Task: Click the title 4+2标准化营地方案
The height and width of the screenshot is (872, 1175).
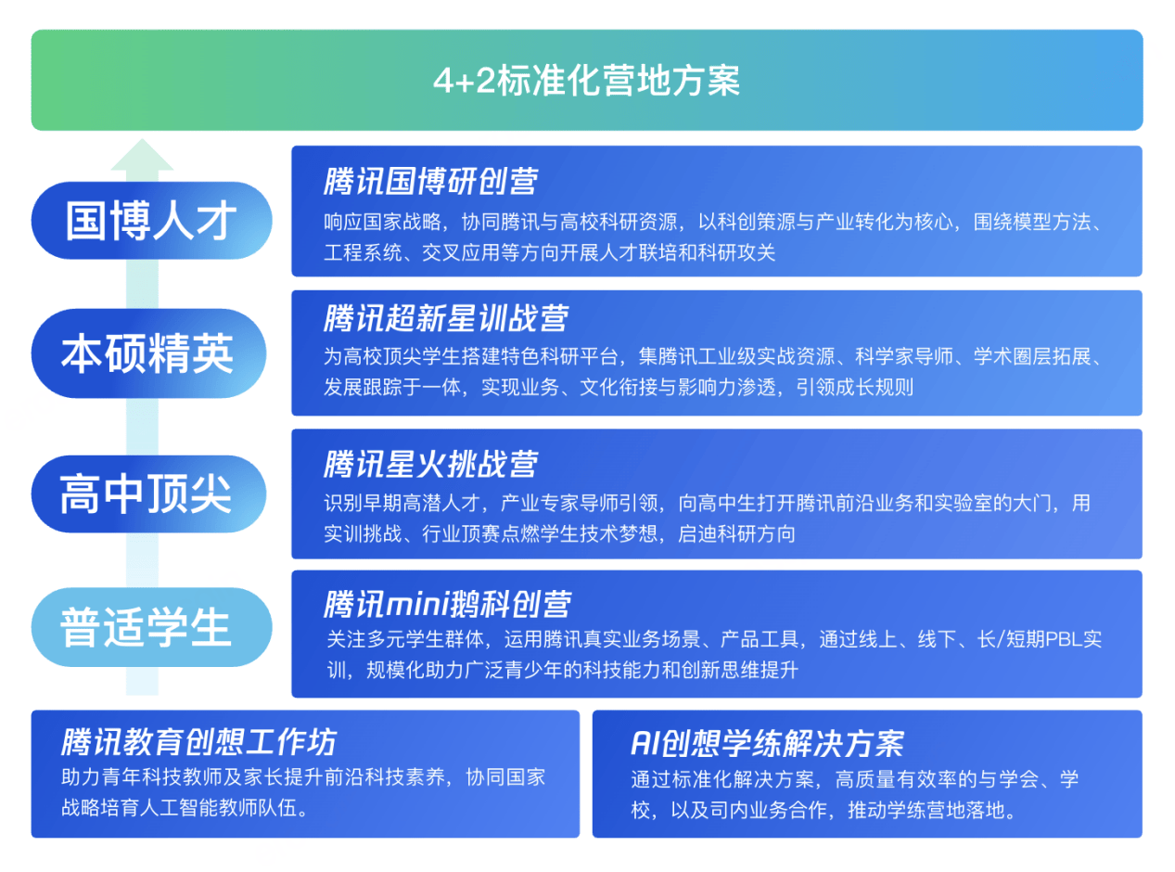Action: pos(586,81)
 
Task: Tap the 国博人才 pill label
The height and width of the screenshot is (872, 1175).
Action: pos(151,221)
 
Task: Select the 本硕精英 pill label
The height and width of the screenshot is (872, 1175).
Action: pos(149,353)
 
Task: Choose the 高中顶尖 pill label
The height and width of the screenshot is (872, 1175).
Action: pos(149,494)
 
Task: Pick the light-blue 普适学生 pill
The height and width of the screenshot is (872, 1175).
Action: pos(151,627)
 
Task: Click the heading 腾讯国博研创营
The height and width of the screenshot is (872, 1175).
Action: pos(430,181)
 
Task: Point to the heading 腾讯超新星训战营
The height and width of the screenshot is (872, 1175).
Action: pos(445,318)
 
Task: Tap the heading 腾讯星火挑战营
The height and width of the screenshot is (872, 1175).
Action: pos(430,465)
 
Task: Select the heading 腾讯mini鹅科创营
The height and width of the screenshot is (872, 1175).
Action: pos(447,604)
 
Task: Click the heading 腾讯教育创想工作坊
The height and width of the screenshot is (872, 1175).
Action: pos(198,741)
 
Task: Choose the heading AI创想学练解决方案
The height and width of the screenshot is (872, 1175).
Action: pos(767,743)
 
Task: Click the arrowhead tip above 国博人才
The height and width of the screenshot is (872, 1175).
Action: pos(142,139)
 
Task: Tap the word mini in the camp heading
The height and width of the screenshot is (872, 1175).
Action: pos(417,604)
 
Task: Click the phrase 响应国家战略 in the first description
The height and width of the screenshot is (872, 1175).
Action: pos(382,222)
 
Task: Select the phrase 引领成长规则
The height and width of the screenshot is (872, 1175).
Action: pos(854,387)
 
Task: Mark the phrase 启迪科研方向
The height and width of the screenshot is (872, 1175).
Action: pos(737,533)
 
